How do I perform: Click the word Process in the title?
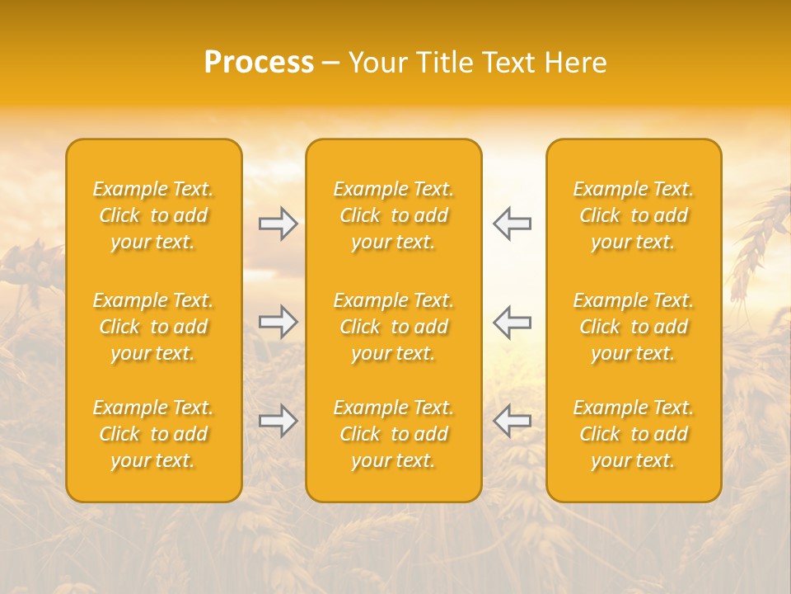point(259,63)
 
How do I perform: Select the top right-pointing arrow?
point(278,224)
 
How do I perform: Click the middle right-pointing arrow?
point(278,322)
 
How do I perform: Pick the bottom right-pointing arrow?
point(278,421)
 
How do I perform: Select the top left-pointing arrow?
point(512,224)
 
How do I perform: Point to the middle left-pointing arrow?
point(512,322)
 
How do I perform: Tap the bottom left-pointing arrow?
point(512,421)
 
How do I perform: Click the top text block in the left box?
point(153,215)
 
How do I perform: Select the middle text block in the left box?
point(153,327)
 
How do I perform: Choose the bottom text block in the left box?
point(153,434)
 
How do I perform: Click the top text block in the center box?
point(393,215)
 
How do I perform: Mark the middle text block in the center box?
point(393,327)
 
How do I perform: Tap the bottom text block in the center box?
point(393,434)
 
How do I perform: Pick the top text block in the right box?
point(633,215)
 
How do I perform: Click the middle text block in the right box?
point(633,327)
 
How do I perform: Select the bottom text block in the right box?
point(633,434)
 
